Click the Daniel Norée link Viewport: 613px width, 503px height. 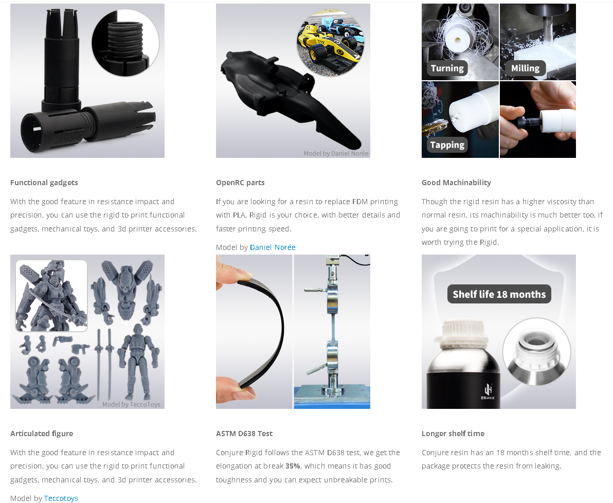pyautogui.click(x=273, y=247)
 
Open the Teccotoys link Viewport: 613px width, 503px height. pyautogui.click(x=61, y=498)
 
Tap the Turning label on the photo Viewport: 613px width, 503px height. pyautogui.click(x=447, y=68)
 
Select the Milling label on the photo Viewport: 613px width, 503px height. pyautogui.click(x=525, y=68)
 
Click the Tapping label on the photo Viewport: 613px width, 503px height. pyautogui.click(x=447, y=145)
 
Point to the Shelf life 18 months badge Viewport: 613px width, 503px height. pyautogui.click(x=499, y=294)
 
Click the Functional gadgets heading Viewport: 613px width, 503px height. pyautogui.click(x=44, y=183)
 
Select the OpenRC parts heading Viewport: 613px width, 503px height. pyautogui.click(x=240, y=183)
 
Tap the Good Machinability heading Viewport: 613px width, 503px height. pyautogui.click(x=456, y=183)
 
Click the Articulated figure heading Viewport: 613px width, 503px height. pyautogui.click(x=42, y=434)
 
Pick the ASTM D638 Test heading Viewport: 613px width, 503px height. pyautogui.click(x=244, y=434)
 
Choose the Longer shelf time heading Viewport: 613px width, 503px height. pyautogui.click(x=453, y=434)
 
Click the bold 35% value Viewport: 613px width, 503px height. pyautogui.click(x=293, y=466)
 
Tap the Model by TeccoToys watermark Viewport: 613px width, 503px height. pyautogui.click(x=131, y=404)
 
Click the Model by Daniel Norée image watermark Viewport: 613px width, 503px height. pyautogui.click(x=336, y=153)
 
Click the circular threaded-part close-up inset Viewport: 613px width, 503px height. pyautogui.click(x=125, y=43)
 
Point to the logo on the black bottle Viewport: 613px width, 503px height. pyautogui.click(x=489, y=391)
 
